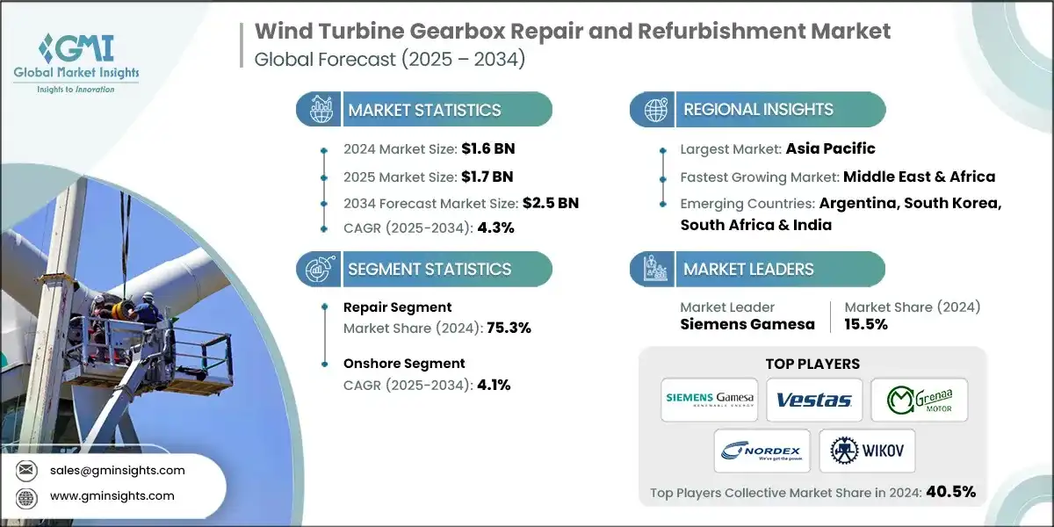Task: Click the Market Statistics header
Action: [x=424, y=110]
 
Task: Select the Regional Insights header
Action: [x=759, y=110]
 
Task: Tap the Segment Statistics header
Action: [x=430, y=270]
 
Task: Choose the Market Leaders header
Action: [x=748, y=270]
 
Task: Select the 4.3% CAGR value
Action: [x=495, y=228]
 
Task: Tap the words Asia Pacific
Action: [x=830, y=148]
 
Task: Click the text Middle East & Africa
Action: [x=919, y=177]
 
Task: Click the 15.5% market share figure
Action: [x=866, y=324]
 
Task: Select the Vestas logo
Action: [x=814, y=400]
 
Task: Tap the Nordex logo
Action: [x=762, y=451]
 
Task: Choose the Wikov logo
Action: [x=867, y=451]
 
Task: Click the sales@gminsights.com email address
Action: [x=118, y=470]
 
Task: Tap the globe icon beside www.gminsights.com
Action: [x=26, y=496]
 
